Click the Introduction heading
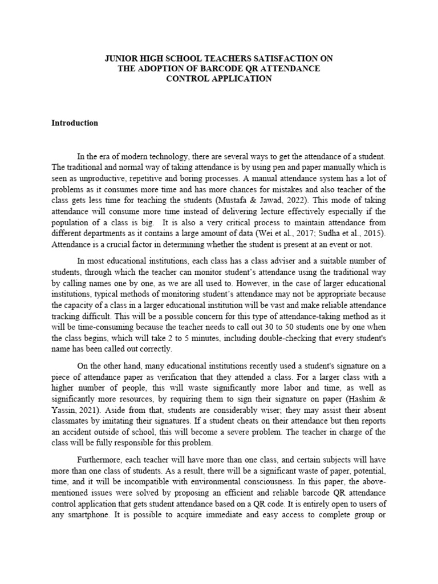point(75,123)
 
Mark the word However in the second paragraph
point(237,283)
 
